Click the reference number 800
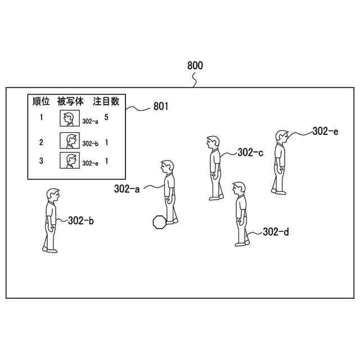pos(195,66)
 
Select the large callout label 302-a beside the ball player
pos(127,189)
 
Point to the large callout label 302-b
pos(80,220)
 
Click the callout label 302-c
pos(250,152)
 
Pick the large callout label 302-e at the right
pos(326,131)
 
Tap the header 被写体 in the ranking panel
pos(71,101)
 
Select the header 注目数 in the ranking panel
pos(106,101)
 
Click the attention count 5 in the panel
pos(106,118)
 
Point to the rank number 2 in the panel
pos(41,142)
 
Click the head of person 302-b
pos(52,195)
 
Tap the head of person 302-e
pos(282,137)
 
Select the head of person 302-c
pos(212,142)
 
